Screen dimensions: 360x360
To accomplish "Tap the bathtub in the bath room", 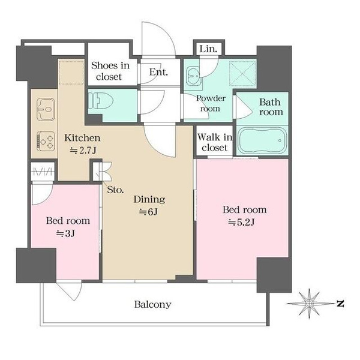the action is click(x=262, y=140).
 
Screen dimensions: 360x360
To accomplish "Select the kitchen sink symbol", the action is click(x=46, y=109).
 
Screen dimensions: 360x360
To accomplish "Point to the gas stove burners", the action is click(x=46, y=141).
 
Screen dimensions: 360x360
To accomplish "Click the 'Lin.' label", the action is click(x=208, y=49).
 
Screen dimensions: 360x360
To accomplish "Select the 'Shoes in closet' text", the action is click(x=110, y=71).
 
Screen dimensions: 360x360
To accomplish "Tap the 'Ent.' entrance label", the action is click(x=158, y=72).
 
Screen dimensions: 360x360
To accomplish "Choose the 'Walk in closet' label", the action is click(x=215, y=142).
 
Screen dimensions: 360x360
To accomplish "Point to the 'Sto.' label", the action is click(x=115, y=190).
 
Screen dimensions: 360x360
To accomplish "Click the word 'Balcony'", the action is click(x=152, y=305).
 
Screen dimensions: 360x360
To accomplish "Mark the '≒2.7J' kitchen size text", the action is click(x=83, y=151).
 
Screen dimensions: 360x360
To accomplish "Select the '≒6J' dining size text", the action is click(x=148, y=212).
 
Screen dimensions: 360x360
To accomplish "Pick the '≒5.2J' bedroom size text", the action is click(x=241, y=222).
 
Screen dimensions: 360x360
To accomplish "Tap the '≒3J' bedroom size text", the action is click(x=65, y=233).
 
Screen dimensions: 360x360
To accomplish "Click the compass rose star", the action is click(x=309, y=304).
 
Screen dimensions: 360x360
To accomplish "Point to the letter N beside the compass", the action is click(x=340, y=304).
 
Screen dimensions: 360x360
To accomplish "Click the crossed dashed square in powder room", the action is click(x=242, y=74).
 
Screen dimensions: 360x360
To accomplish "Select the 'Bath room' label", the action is click(x=271, y=107).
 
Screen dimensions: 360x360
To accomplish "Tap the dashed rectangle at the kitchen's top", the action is click(x=71, y=73).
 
